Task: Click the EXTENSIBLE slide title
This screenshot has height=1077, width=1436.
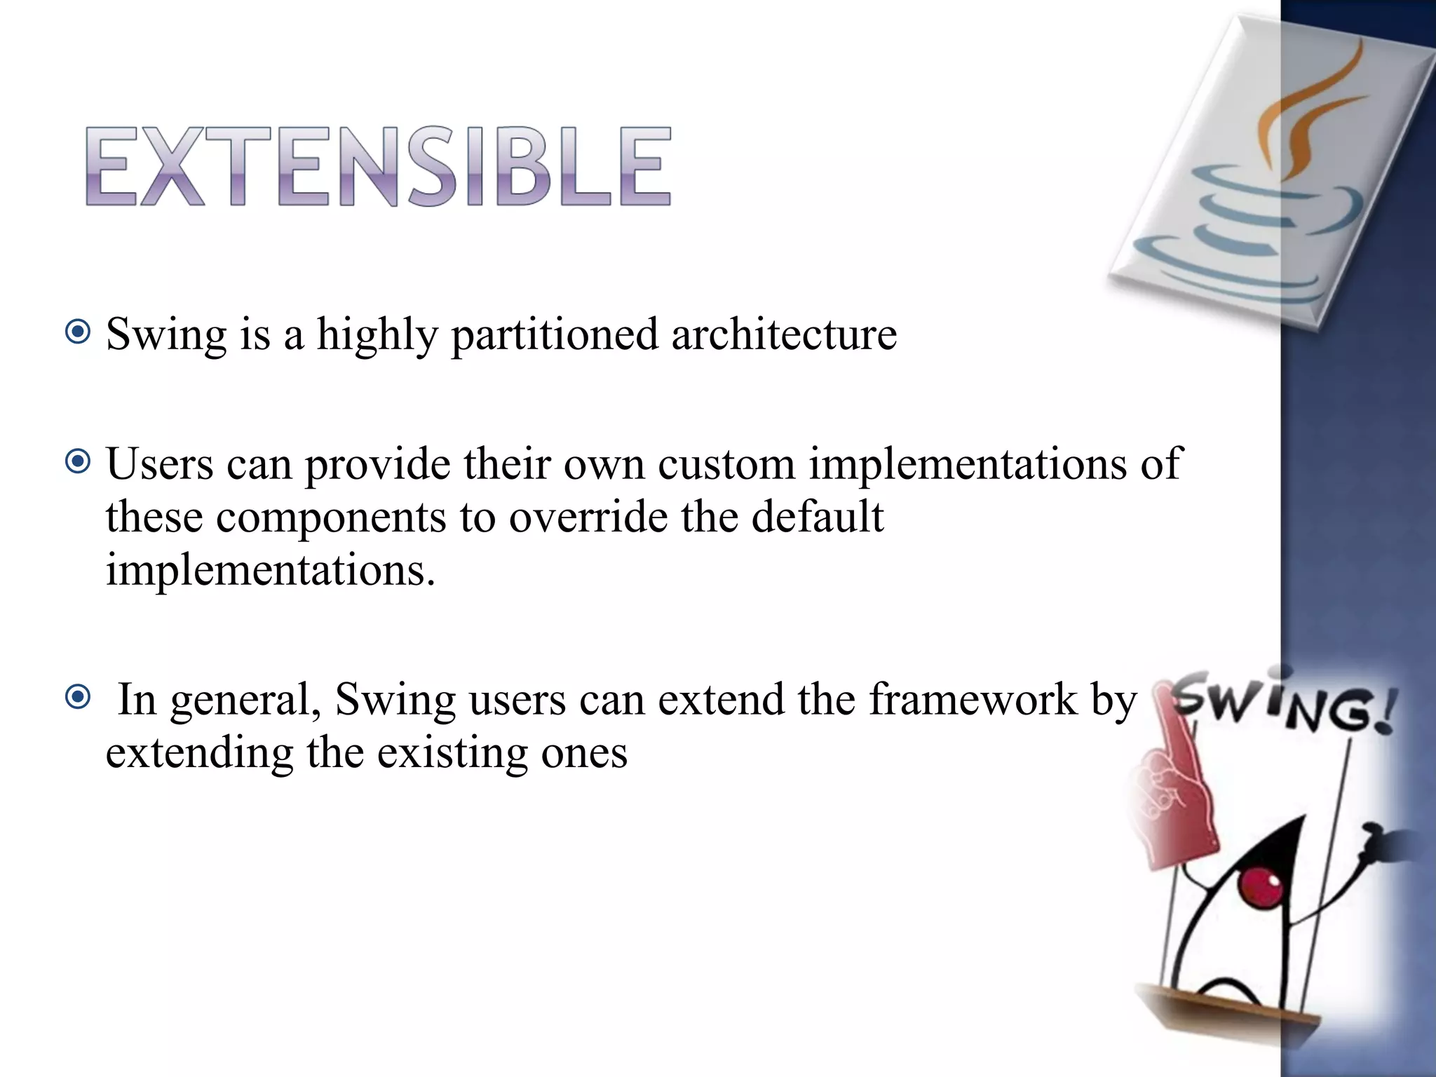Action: [x=379, y=167]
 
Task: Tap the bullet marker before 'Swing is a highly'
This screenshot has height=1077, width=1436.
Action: [x=77, y=332]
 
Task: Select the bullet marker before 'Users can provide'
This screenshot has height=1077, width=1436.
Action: [x=77, y=462]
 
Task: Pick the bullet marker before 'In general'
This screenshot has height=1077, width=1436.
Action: [x=77, y=697]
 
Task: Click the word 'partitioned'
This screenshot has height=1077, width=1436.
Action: [x=555, y=334]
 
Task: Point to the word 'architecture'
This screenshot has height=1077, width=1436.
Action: [x=784, y=334]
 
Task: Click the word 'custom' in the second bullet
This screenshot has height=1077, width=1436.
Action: [x=726, y=464]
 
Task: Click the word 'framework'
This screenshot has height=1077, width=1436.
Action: [x=973, y=699]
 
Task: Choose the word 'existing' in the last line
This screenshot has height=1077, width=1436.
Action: [x=452, y=754]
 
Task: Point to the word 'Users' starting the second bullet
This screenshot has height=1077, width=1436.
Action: [x=160, y=464]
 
